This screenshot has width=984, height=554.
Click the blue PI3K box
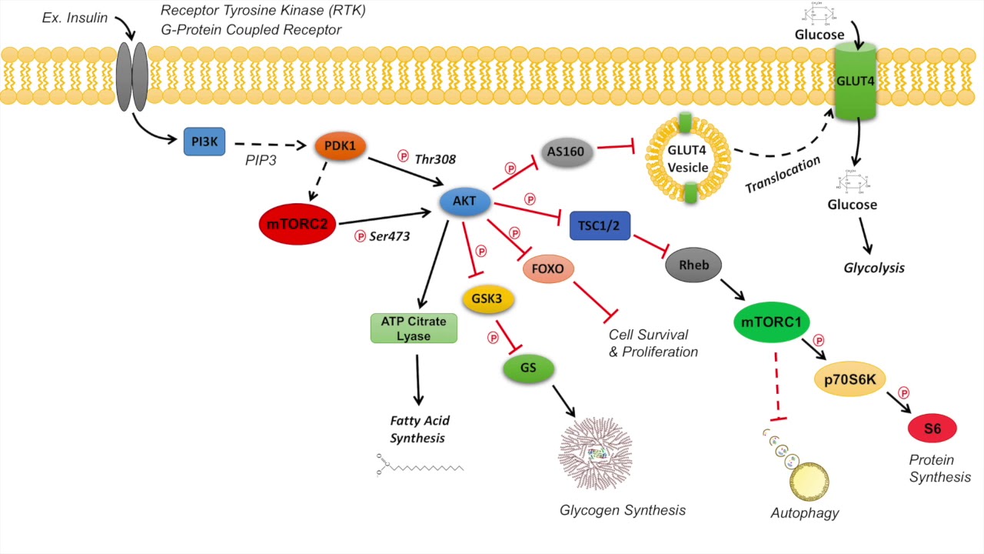204,142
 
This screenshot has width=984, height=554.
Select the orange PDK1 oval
340,145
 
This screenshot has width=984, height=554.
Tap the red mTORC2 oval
297,224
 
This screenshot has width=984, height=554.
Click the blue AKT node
464,202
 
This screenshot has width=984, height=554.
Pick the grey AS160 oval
567,152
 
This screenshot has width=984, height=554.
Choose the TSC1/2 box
600,225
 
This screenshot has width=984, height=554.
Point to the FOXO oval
548,270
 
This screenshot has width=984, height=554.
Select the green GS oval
528,368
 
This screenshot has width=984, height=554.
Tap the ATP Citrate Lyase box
414,328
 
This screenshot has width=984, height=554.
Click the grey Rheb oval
689,265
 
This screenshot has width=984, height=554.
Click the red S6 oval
932,429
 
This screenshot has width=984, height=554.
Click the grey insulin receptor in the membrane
131,77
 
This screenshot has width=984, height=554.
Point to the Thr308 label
435,159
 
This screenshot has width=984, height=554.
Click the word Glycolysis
874,269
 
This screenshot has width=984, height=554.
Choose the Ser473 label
390,236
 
